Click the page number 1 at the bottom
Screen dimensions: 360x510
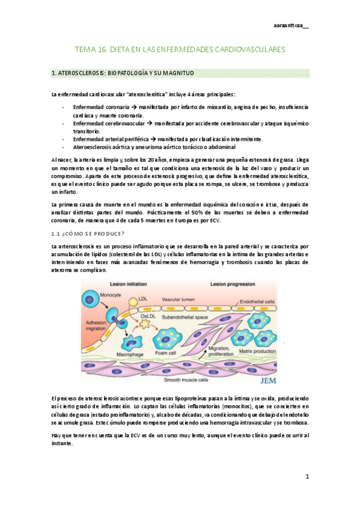coord(307,477)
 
